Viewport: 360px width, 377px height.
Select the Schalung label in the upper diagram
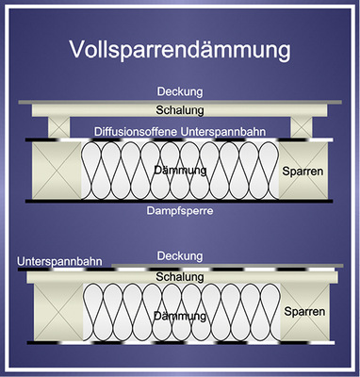click(179, 110)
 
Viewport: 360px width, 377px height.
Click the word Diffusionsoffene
click(140, 130)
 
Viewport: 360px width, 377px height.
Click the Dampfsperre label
click(179, 212)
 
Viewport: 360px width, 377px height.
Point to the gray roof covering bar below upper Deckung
click(179, 101)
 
